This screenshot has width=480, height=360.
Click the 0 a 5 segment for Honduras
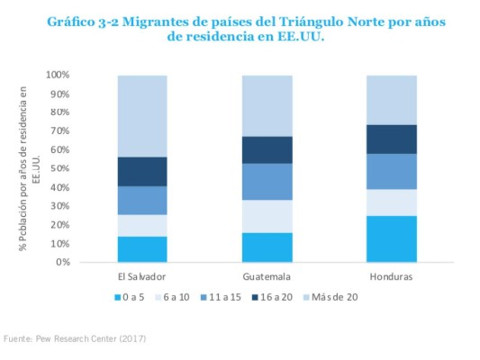[391, 238]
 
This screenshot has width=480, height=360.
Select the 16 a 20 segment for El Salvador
[142, 171]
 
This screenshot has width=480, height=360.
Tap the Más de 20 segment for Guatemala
[267, 105]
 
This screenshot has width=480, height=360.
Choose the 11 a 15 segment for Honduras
[391, 171]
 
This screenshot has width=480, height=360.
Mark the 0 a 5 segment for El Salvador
[142, 249]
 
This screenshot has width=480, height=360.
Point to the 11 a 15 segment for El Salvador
[142, 200]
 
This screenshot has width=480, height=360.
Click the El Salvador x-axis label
[142, 276]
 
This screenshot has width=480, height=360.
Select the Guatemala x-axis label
[267, 276]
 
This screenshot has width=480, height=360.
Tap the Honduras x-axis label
[391, 276]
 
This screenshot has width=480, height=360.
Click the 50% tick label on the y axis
[60, 169]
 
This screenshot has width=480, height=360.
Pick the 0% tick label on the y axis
[62, 263]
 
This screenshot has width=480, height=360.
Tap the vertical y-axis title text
[31, 168]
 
